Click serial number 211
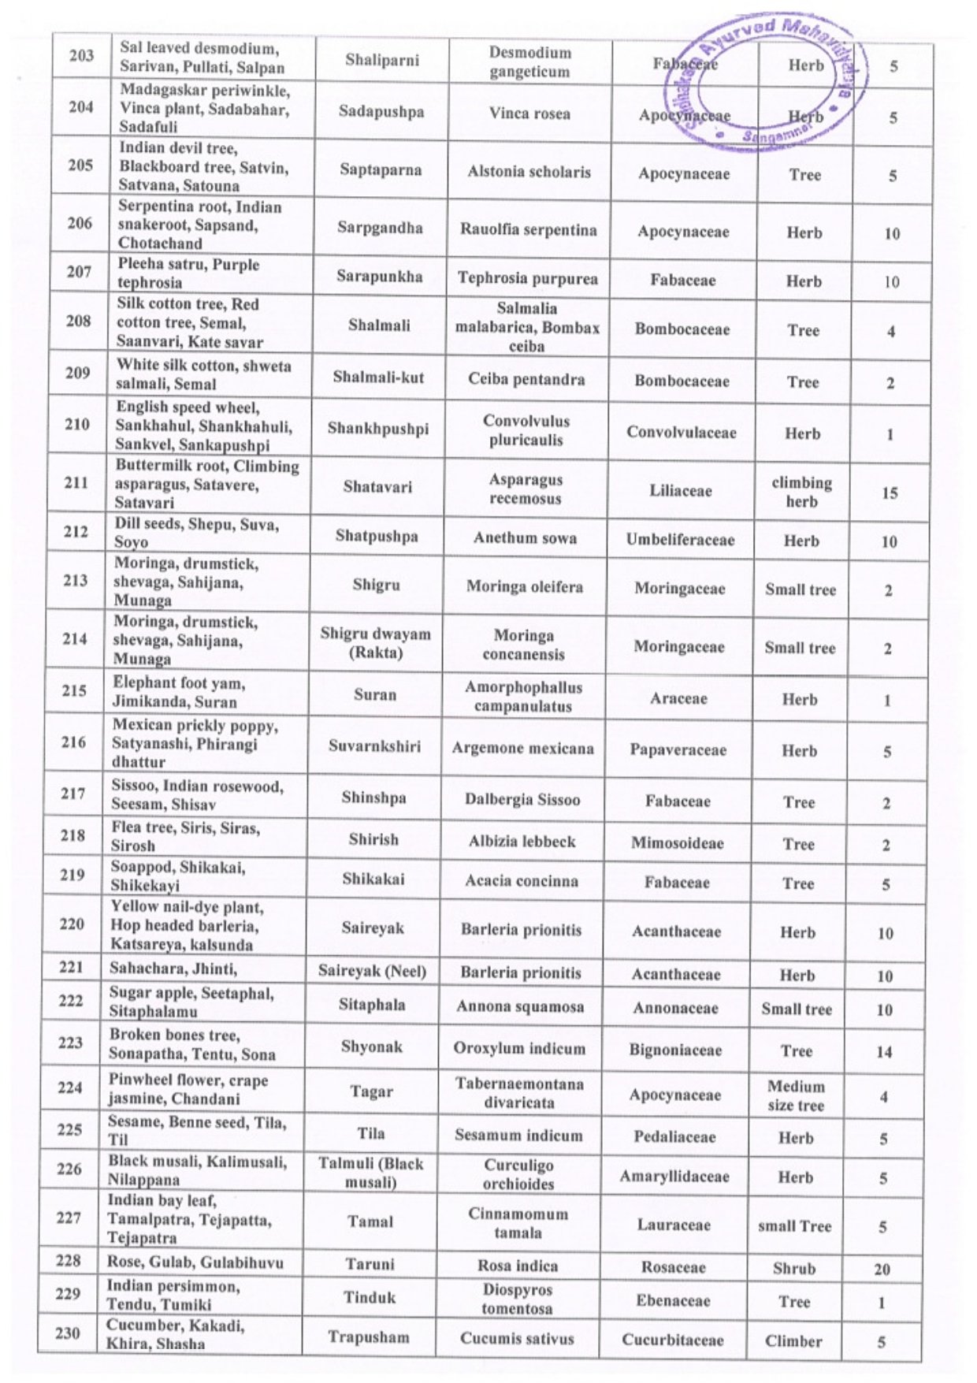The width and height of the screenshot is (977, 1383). pyautogui.click(x=76, y=482)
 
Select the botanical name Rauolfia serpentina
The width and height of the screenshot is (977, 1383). pyautogui.click(x=528, y=230)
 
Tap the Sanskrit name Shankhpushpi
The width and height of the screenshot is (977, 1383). pyautogui.click(x=378, y=429)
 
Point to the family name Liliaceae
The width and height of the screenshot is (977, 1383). pyautogui.click(x=681, y=491)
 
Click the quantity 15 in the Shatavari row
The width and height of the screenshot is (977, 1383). pyautogui.click(x=890, y=493)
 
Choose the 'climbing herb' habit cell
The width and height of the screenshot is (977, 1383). pyautogui.click(x=801, y=492)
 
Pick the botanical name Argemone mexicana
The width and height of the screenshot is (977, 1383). pyautogui.click(x=522, y=749)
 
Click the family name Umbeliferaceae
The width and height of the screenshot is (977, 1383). pyautogui.click(x=680, y=540)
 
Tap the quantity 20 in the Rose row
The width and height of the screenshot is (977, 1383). pyautogui.click(x=882, y=1270)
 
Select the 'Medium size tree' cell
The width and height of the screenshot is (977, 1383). pyautogui.click(x=796, y=1095)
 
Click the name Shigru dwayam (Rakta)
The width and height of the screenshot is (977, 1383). pyautogui.click(x=375, y=643)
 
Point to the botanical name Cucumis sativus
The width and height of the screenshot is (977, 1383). pyautogui.click(x=517, y=1338)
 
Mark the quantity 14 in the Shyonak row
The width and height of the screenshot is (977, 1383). pyautogui.click(x=884, y=1052)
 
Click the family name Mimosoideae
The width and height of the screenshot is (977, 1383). pyautogui.click(x=677, y=843)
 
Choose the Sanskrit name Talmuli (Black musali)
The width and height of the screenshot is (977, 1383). pyautogui.click(x=370, y=1173)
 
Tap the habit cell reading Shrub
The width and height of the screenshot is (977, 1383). pyautogui.click(x=794, y=1269)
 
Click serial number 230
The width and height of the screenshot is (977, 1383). pyautogui.click(x=68, y=1333)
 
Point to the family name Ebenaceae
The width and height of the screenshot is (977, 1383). pyautogui.click(x=673, y=1301)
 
